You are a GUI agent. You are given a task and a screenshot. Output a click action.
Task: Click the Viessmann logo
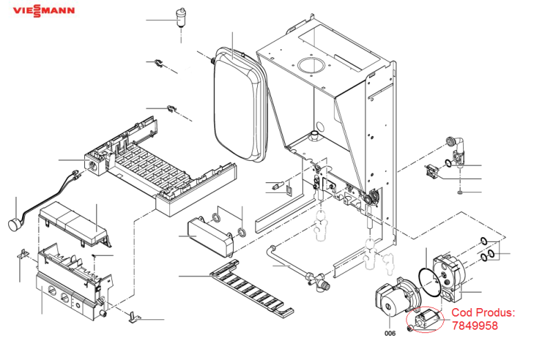pos(44,10)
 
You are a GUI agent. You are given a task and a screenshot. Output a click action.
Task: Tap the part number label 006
pos(390,333)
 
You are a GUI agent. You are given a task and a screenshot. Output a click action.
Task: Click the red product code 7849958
pos(475,325)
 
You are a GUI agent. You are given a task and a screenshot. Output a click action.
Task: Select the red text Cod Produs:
pos(483,312)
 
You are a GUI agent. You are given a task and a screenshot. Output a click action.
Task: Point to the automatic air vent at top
pos(180,19)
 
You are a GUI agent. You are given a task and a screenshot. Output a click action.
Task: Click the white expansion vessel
pos(240,104)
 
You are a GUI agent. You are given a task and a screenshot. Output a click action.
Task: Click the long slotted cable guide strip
pos(252,288)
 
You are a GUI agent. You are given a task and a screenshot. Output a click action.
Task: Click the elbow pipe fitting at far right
pos(458,149)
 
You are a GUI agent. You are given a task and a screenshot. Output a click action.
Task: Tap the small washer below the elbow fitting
pos(460,192)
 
